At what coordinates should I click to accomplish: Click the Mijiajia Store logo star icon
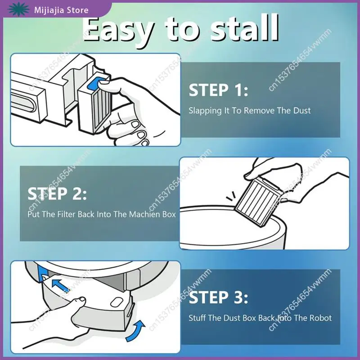coord(18,9)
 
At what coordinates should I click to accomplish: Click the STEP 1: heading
coord(218,90)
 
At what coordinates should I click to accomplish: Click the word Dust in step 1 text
coord(302,110)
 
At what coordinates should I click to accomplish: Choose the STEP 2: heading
coord(57,194)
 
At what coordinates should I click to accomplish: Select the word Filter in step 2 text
coord(66,214)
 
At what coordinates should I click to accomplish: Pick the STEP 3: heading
coord(218,297)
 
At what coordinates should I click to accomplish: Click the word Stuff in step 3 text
coord(198,318)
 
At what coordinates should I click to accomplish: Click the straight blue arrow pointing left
coord(60,284)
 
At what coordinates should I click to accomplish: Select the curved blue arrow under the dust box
coord(136,331)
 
